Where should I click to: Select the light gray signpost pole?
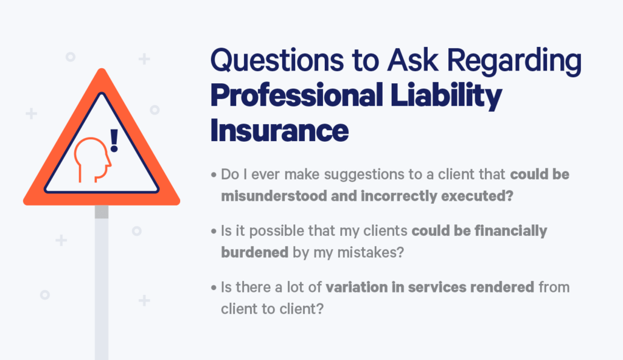tap(102, 286)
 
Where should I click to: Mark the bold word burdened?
tap(254, 251)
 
